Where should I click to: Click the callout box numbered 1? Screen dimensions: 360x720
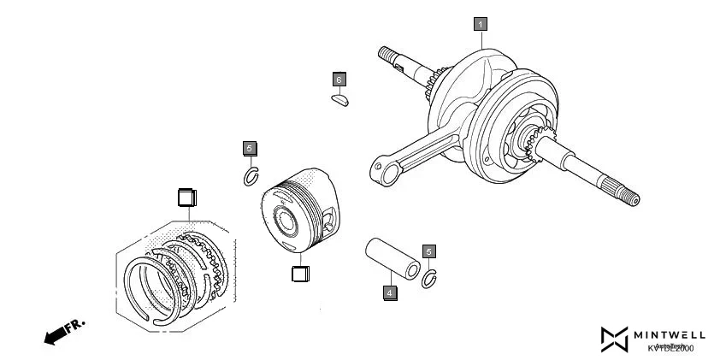click(481, 24)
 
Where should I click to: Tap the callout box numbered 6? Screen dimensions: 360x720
click(339, 80)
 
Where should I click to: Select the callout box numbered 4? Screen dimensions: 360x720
click(390, 292)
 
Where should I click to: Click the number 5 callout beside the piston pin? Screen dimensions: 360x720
click(429, 251)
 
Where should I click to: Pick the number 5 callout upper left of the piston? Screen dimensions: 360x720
click(250, 148)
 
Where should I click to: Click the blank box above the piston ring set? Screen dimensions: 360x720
click(186, 197)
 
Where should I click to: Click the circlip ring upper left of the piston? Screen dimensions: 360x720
click(251, 177)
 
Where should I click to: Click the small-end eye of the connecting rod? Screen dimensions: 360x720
click(384, 170)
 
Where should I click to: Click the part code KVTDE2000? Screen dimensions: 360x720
click(670, 348)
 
